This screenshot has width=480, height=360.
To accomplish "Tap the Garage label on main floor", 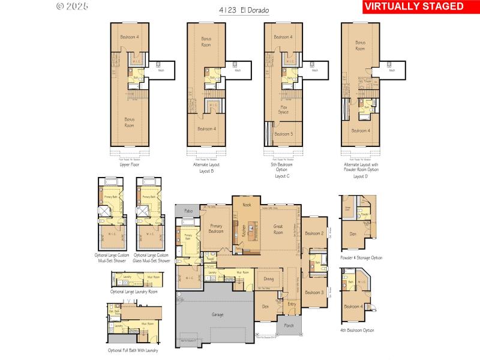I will (217, 314).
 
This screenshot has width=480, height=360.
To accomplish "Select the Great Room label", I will (278, 229).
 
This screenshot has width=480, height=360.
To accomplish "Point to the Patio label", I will (188, 211).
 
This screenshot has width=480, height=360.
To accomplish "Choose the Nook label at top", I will (247, 205).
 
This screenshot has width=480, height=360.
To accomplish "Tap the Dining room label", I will (268, 278).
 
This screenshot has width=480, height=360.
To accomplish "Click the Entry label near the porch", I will (292, 304).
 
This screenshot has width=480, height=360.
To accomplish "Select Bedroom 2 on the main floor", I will (314, 233).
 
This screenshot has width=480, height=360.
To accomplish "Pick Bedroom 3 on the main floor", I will (314, 292).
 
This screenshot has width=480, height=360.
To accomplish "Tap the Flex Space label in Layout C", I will (284, 110).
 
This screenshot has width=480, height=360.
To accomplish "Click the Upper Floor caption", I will (129, 163).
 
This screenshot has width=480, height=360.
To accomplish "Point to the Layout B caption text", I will (206, 171).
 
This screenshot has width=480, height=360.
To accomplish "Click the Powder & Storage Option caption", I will (361, 257).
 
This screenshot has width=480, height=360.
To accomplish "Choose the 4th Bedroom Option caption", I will (356, 330).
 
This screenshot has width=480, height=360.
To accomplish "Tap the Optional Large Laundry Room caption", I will (134, 292).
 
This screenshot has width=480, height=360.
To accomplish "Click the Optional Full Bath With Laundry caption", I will (133, 350).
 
